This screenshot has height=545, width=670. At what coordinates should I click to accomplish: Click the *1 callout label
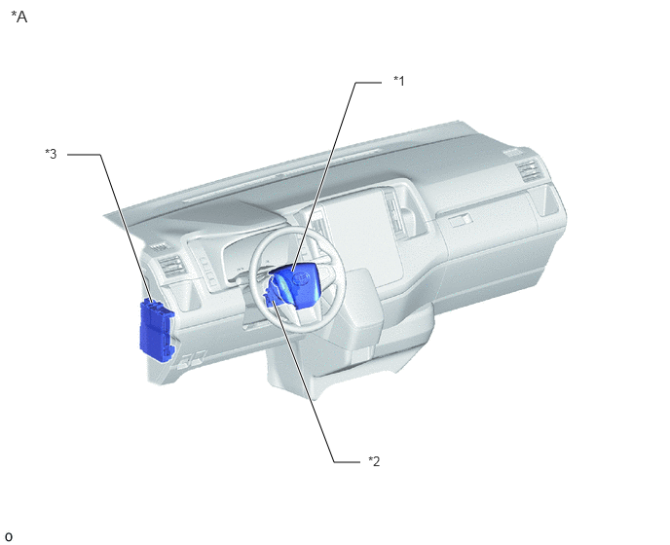click(399, 81)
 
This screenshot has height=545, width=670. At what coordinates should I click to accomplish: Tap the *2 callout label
click(374, 461)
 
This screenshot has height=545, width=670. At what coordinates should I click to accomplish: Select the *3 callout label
click(51, 154)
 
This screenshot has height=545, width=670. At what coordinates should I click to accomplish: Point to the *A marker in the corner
click(19, 17)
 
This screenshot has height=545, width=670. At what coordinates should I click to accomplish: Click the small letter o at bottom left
click(9, 536)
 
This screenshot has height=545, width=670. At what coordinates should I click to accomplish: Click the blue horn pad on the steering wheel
click(299, 284)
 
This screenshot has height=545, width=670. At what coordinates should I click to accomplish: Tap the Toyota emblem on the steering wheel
click(301, 278)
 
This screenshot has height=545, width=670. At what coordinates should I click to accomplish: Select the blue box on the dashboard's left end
click(157, 331)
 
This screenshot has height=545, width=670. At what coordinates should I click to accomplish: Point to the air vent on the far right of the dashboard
click(530, 170)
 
